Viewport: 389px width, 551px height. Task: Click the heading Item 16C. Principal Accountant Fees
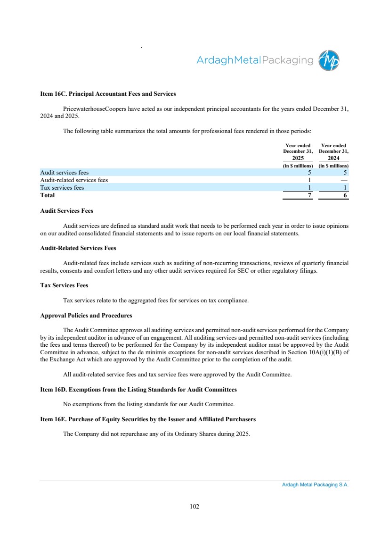(x=108, y=94)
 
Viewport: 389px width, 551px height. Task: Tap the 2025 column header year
(x=298, y=158)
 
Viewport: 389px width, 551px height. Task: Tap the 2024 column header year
(x=333, y=158)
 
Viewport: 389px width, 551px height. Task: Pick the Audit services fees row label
(x=65, y=173)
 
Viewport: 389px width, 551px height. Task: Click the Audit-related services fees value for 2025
(x=309, y=180)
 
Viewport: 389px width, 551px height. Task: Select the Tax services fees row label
(x=62, y=187)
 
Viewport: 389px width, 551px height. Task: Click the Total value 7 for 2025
(x=309, y=195)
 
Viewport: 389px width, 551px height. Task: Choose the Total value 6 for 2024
(x=345, y=195)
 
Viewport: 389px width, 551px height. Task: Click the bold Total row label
(x=48, y=195)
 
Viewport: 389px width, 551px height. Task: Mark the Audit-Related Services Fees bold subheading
(x=78, y=248)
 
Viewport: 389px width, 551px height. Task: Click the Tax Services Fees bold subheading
(x=65, y=285)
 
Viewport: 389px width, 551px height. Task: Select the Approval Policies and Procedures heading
(x=86, y=315)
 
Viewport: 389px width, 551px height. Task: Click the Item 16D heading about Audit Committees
(x=138, y=390)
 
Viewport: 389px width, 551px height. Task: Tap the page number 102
(x=194, y=506)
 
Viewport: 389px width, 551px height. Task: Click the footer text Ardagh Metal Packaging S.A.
(x=312, y=484)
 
